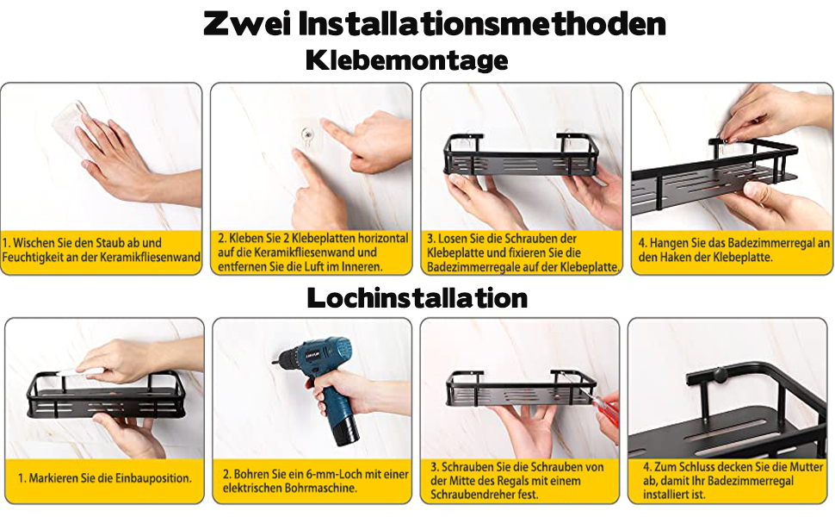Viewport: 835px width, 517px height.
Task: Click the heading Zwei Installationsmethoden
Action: point(434,24)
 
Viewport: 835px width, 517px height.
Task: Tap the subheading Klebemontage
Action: point(407,60)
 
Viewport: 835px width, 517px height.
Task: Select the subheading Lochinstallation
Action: point(417,298)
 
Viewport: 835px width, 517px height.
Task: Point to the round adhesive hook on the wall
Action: point(306,134)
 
